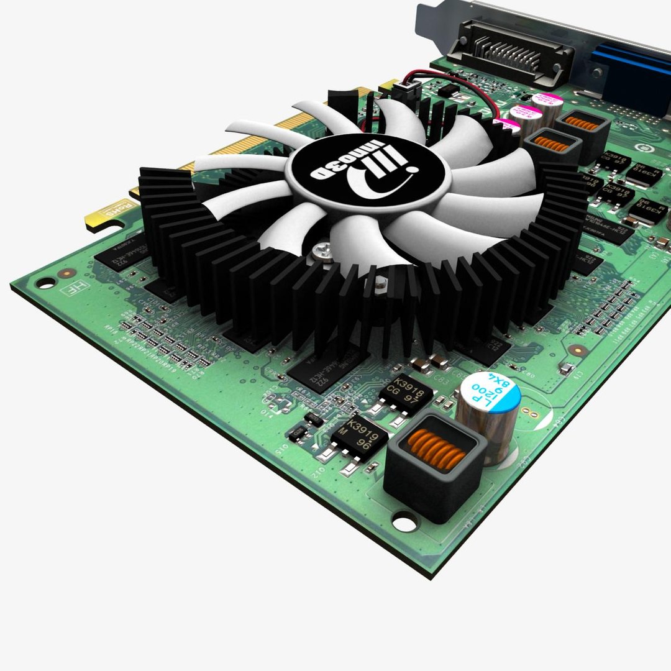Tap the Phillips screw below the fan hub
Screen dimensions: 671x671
[x=322, y=250]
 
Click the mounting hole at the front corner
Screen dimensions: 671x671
[x=404, y=523]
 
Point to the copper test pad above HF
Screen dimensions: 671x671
[x=63, y=273]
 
